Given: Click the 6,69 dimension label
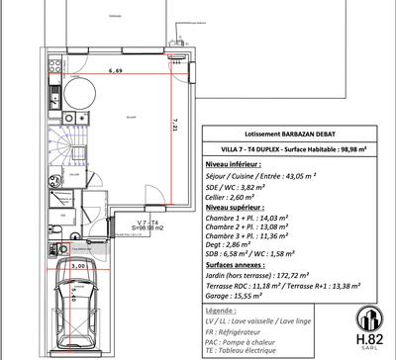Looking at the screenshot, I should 116,71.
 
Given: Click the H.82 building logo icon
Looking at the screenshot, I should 367,320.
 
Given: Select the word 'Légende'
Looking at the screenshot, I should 225,311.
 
